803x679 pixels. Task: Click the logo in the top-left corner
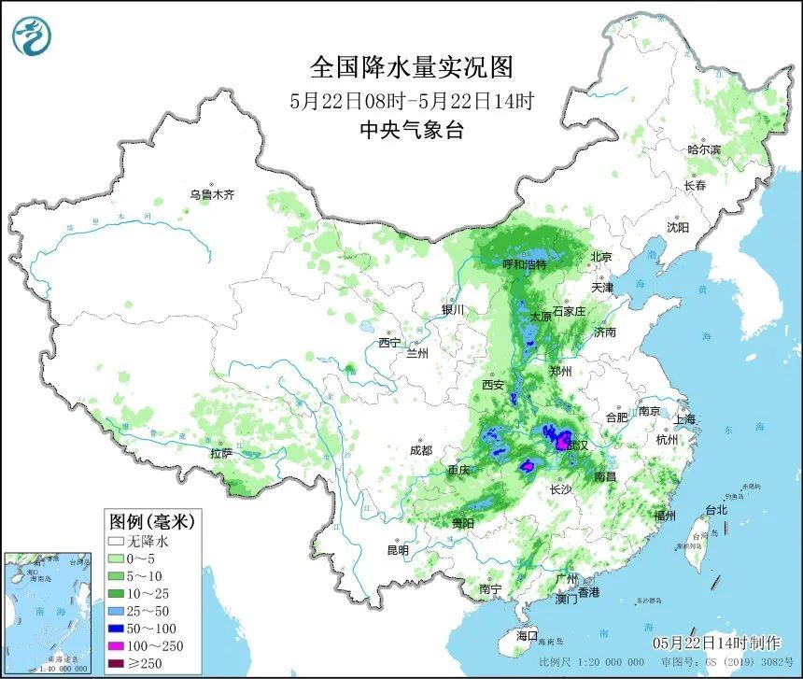click(x=32, y=35)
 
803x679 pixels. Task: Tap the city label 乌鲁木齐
click(x=213, y=195)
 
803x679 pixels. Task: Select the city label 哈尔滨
click(x=704, y=149)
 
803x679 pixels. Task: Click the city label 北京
click(x=600, y=257)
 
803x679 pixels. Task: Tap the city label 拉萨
click(x=220, y=453)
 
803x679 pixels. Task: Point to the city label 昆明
click(x=398, y=550)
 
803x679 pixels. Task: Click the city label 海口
click(x=528, y=635)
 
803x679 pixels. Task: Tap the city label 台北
click(x=715, y=510)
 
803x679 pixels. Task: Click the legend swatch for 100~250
click(x=118, y=644)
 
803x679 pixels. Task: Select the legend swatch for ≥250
click(x=118, y=662)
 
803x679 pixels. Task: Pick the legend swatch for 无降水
click(x=118, y=541)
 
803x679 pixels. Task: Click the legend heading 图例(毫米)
click(x=151, y=520)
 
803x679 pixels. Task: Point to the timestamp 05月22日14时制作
click(x=716, y=643)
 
